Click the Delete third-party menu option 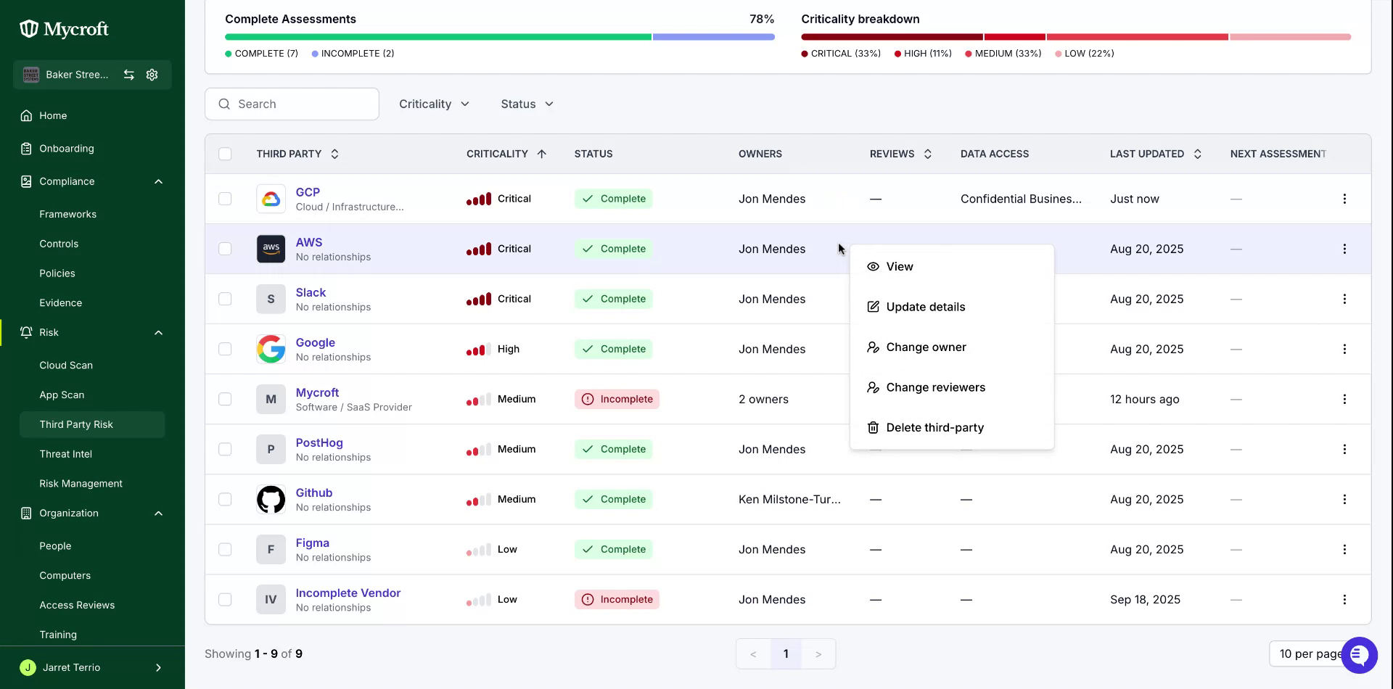coord(925,428)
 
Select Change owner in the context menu coord(916,347)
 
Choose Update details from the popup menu coord(916,307)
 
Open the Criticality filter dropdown coord(434,104)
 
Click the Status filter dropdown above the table coord(527,104)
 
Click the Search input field coord(292,104)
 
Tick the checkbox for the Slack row coord(225,299)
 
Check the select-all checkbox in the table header coord(225,154)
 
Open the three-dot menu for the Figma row coord(1344,550)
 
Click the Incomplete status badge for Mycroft coord(617,400)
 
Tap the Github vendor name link coord(314,493)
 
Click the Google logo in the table coord(271,349)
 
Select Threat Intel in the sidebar coord(65,454)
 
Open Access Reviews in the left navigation coord(77,606)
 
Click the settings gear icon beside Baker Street coord(152,75)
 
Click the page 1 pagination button coord(786,654)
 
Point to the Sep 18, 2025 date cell coord(1145,600)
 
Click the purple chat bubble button coord(1359,655)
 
